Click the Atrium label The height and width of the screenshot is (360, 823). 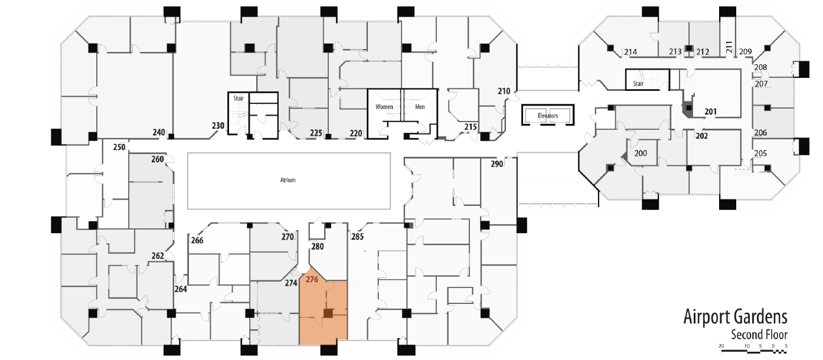coord(288,180)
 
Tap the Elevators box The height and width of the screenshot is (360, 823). coord(548,115)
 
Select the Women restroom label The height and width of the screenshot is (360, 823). coord(384,107)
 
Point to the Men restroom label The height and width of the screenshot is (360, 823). coord(420,107)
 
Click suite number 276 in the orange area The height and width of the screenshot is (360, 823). coord(312,280)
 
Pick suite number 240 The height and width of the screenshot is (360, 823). coord(159,132)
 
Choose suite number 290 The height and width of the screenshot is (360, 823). coord(497,164)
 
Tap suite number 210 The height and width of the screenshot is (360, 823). coord(504,91)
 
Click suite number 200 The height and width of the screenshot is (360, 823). coord(641,153)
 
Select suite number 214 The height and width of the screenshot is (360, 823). coord(631,52)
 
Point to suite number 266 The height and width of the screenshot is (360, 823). coord(197,240)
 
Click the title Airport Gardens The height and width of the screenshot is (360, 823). coord(735,317)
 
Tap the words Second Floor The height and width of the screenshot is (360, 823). coord(759,335)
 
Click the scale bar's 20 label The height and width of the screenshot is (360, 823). coord(721,346)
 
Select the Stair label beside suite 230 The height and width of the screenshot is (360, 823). coord(239,99)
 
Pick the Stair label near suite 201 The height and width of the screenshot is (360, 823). coord(638,84)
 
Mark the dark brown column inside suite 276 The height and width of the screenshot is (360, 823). coord(328,313)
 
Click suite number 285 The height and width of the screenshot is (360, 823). coord(357,237)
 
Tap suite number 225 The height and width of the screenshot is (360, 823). coord(316,133)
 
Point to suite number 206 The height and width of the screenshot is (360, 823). coord(760,133)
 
